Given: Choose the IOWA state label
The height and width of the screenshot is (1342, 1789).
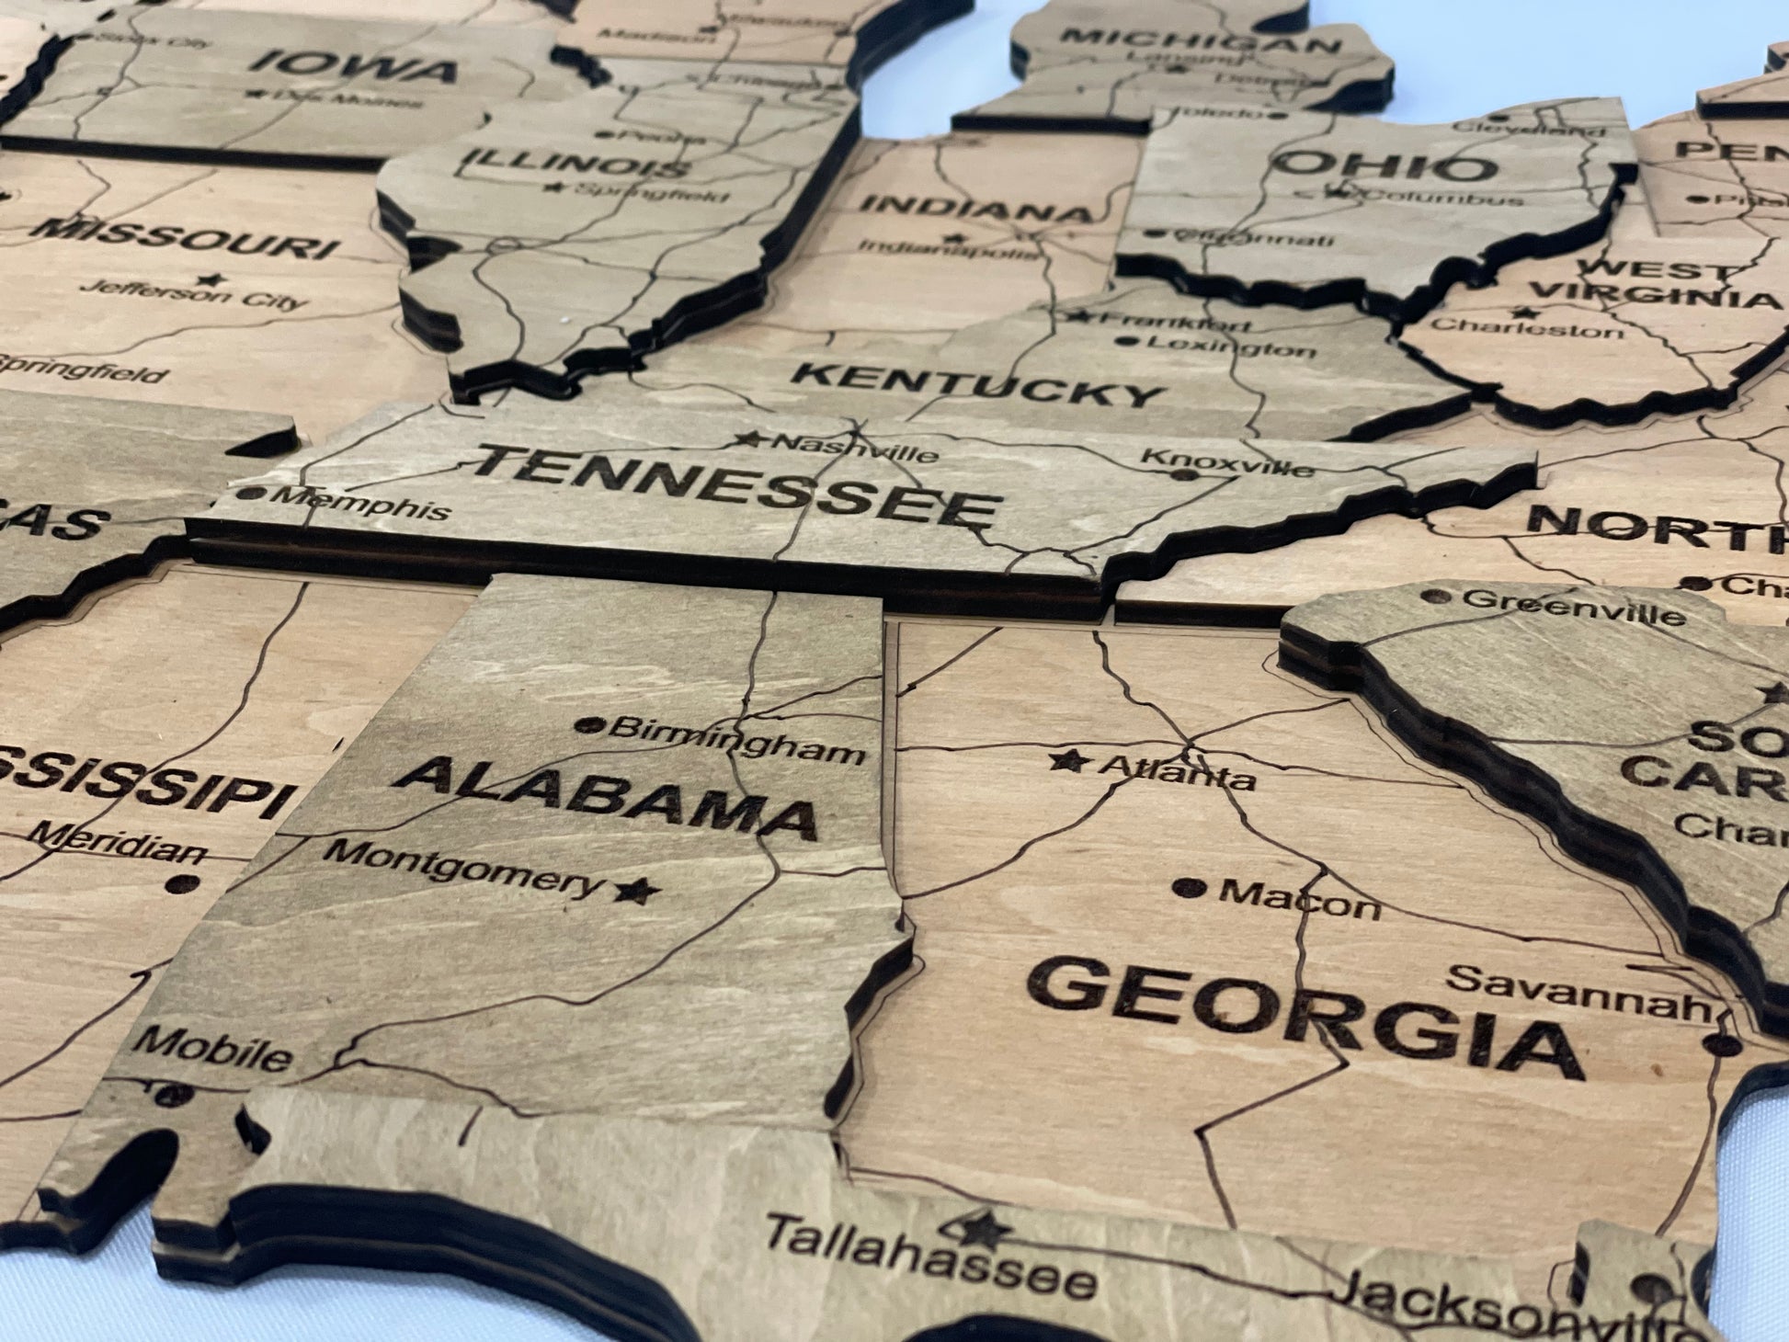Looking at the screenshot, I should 354,66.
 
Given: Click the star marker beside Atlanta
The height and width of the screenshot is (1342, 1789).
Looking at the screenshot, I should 1069,760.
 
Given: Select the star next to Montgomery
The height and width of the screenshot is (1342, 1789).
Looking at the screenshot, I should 636,889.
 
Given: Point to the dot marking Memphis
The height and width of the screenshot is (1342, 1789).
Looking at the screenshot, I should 249,494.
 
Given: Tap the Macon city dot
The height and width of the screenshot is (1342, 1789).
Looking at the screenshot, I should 1190,888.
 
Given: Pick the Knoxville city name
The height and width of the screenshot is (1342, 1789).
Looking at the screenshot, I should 1228,464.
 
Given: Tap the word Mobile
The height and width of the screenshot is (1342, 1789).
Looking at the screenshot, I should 212,1049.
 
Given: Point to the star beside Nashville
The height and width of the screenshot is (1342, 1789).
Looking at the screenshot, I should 748,439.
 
